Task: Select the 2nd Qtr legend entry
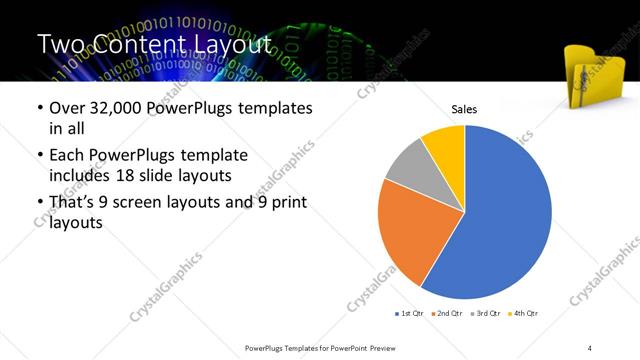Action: tap(448, 314)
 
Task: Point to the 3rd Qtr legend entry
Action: tap(486, 314)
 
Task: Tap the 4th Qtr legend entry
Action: tap(523, 314)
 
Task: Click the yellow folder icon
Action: tap(596, 75)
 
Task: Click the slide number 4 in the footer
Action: tap(590, 347)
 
